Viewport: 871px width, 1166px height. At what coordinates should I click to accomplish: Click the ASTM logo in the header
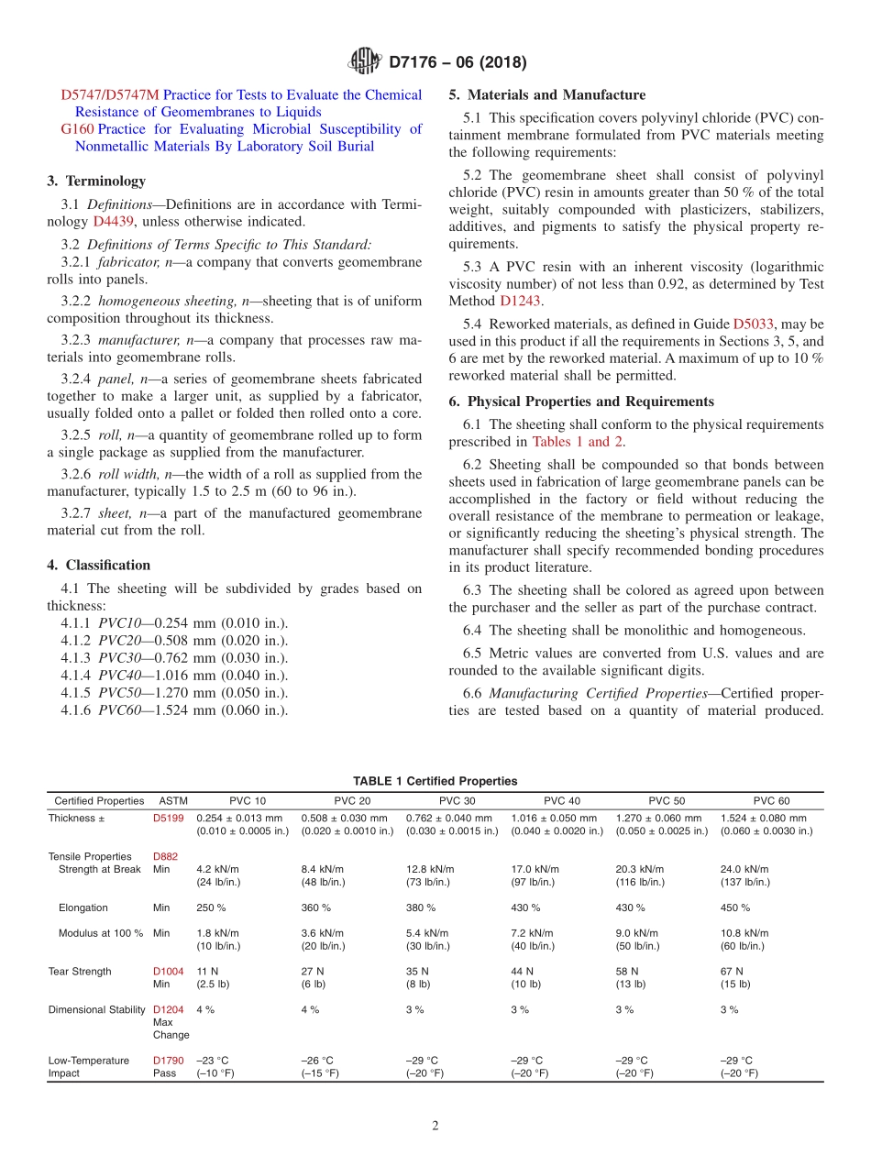click(x=365, y=62)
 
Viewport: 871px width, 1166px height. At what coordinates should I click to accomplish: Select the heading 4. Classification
click(x=99, y=565)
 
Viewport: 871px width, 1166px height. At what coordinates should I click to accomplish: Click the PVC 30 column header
click(x=457, y=800)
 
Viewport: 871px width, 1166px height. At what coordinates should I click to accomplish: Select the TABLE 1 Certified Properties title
click(x=435, y=781)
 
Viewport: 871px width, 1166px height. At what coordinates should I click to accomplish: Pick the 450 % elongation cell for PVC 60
click(x=735, y=907)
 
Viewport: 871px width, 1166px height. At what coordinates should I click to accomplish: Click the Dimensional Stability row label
click(x=97, y=1009)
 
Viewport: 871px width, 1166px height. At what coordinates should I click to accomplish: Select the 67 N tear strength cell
click(x=733, y=971)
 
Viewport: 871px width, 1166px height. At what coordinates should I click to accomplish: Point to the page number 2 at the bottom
click(x=435, y=1126)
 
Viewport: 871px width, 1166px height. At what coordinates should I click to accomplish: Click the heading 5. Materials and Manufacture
click(x=547, y=94)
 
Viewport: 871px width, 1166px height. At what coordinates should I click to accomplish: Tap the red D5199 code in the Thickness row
click(x=168, y=819)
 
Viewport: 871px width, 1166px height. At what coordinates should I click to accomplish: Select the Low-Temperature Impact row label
click(x=89, y=1066)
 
